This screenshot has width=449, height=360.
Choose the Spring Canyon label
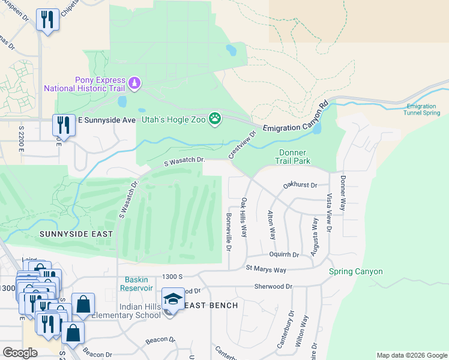[355, 272]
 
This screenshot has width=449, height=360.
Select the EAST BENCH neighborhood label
[210, 305]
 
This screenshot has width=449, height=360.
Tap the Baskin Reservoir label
[140, 284]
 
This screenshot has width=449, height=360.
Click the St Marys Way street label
[266, 270]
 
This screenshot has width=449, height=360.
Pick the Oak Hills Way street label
[244, 217]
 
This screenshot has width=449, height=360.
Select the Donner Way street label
[343, 193]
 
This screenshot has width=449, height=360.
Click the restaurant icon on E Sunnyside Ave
[64, 125]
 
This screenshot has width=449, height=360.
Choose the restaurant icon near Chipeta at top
[47, 20]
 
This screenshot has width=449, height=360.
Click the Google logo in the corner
[20, 352]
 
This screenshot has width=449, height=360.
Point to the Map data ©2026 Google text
[411, 355]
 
